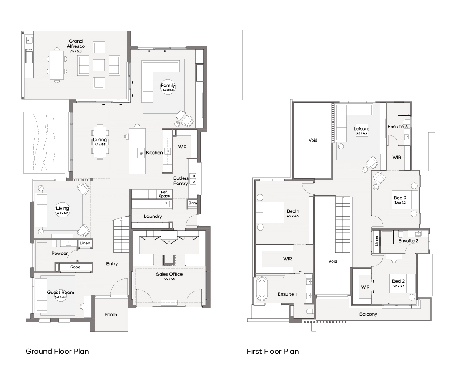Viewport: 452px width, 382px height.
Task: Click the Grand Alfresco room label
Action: click(76, 44)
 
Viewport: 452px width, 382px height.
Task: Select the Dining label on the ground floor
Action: click(100, 140)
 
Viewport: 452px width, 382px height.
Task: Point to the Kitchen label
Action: click(154, 152)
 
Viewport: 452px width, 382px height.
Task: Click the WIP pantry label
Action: click(182, 147)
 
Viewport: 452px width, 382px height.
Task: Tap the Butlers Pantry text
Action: click(181, 181)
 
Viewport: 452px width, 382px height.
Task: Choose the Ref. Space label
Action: click(164, 194)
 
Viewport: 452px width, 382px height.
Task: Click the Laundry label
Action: click(153, 217)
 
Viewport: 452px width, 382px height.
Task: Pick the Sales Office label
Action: click(169, 274)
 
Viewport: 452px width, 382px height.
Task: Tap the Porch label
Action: click(111, 315)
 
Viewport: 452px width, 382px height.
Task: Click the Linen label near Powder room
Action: click(85, 243)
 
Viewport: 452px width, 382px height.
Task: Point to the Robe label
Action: click(75, 267)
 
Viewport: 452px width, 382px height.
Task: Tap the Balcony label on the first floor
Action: click(368, 314)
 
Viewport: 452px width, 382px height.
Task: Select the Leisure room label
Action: click(362, 128)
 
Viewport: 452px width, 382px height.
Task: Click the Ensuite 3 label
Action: click(398, 127)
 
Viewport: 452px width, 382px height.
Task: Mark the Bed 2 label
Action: click(399, 281)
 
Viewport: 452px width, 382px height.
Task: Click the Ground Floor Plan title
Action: click(57, 351)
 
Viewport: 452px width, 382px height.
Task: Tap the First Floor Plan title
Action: click(273, 351)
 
